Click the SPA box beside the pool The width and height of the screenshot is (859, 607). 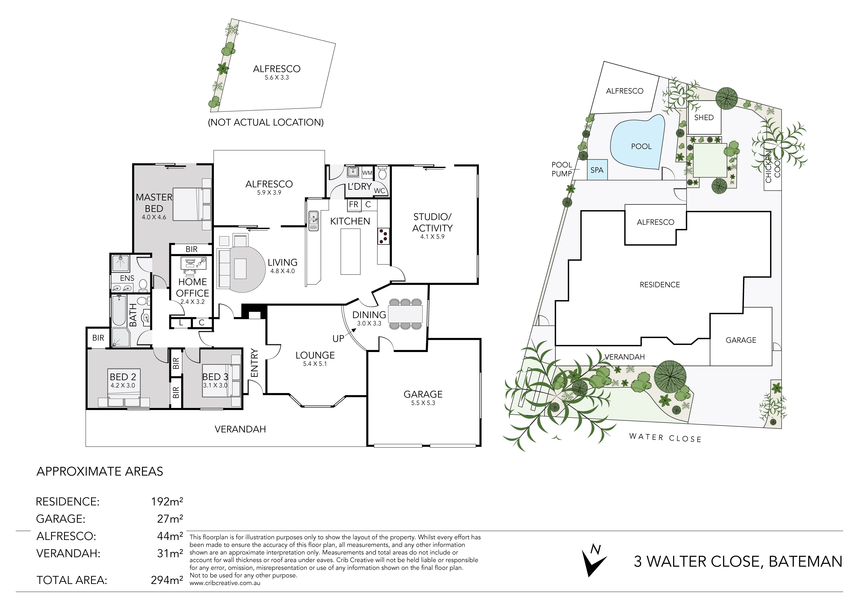click(597, 170)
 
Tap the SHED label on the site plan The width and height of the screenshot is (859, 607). click(704, 117)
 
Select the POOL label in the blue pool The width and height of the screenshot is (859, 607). click(641, 146)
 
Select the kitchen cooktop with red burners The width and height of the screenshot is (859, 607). click(383, 236)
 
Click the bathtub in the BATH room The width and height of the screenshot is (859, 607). click(119, 310)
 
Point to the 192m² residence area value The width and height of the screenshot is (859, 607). click(167, 501)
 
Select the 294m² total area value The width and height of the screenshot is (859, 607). click(167, 580)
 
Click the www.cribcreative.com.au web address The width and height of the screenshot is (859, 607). click(225, 583)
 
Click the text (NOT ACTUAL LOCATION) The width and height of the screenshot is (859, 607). click(266, 122)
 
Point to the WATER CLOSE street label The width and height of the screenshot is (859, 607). click(665, 438)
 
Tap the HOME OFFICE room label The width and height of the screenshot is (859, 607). click(192, 287)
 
